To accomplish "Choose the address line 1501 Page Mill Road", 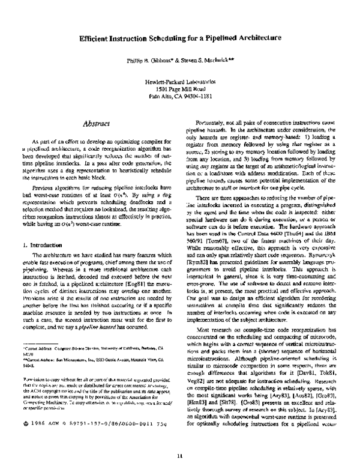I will pyautogui.click(x=179, y=88).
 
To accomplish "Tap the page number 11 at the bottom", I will pyautogui.click(x=179, y=457).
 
